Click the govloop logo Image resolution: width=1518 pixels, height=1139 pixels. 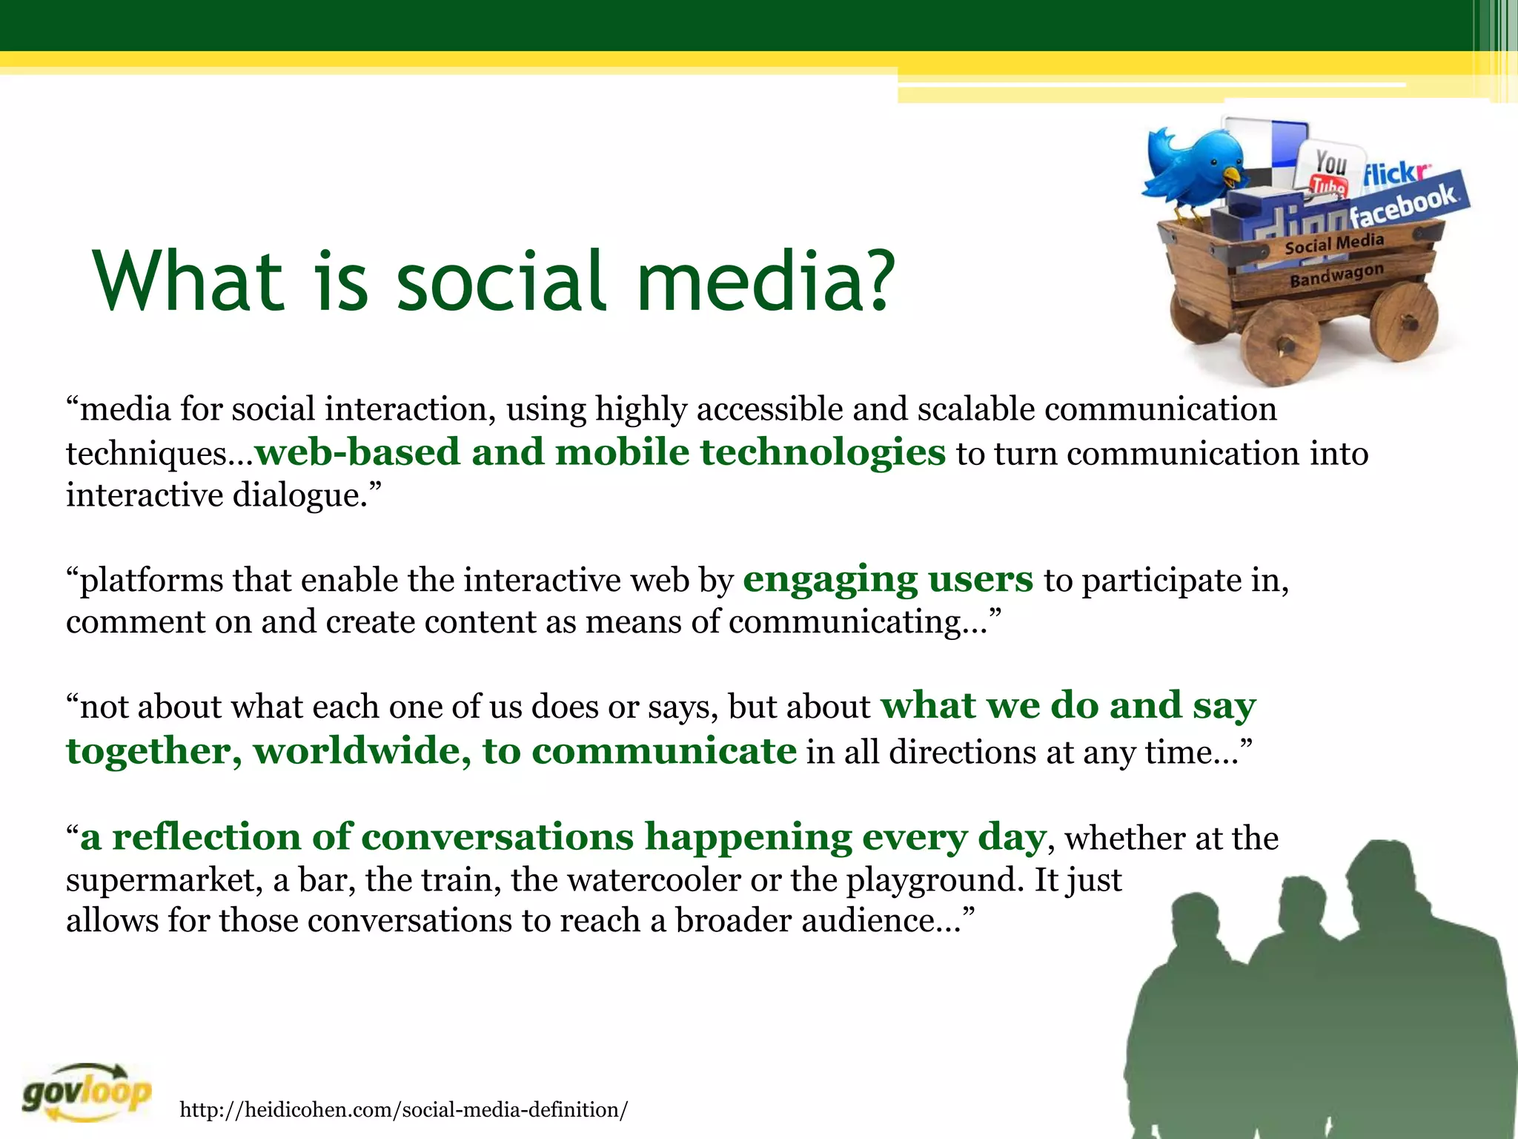pyautogui.click(x=87, y=1092)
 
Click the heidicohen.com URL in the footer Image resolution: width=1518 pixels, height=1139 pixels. pyautogui.click(x=404, y=1109)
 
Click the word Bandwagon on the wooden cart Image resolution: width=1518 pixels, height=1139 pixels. pyautogui.click(x=1336, y=275)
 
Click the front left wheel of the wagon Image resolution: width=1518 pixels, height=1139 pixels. pyautogui.click(x=1281, y=344)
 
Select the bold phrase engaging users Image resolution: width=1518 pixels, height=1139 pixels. pyautogui.click(x=887, y=579)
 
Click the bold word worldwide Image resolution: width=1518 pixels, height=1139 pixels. pyautogui.click(x=362, y=751)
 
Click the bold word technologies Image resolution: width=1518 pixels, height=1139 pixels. pyautogui.click(x=823, y=452)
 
